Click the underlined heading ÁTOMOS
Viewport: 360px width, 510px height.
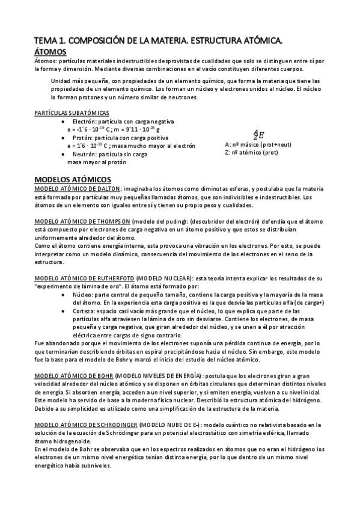click(x=50, y=52)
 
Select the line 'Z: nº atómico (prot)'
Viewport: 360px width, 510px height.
click(x=251, y=153)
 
